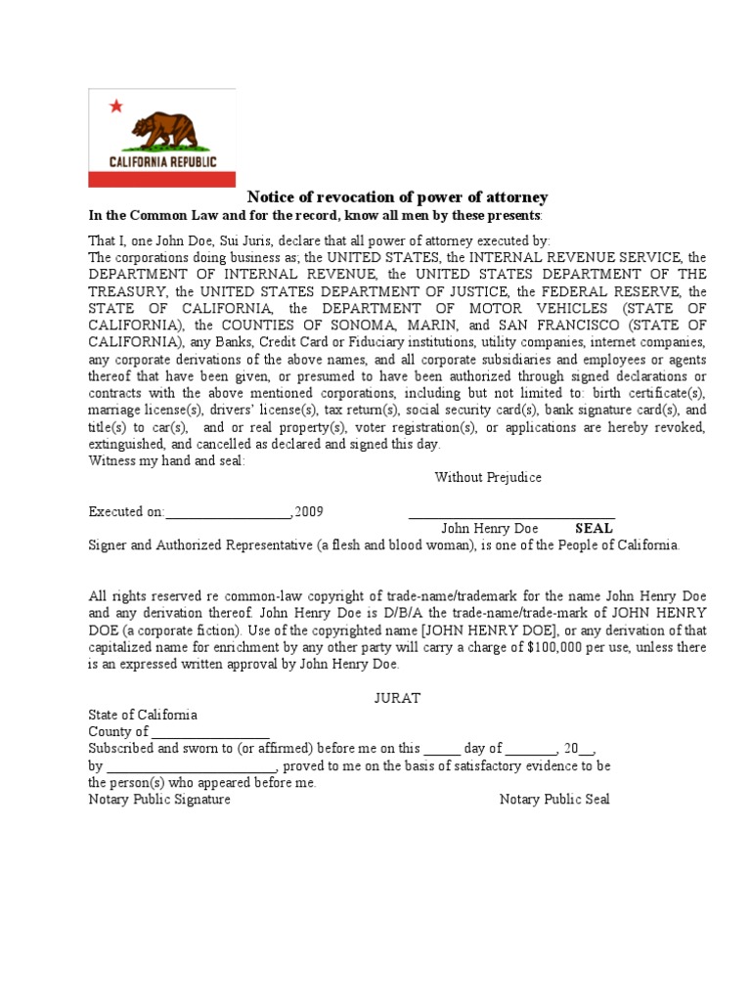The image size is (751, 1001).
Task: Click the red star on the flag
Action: tap(116, 106)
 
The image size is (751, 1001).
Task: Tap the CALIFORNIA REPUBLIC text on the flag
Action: tap(162, 162)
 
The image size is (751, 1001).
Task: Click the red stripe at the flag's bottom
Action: tap(161, 179)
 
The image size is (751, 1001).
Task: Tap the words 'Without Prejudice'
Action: tap(488, 478)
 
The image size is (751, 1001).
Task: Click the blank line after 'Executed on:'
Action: tap(229, 512)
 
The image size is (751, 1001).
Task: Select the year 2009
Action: tap(309, 511)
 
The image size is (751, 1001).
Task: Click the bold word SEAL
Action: tap(594, 529)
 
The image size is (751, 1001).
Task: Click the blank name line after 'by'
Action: tap(192, 767)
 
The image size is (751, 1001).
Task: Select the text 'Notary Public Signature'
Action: tap(159, 800)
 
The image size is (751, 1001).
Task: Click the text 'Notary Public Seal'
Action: tap(554, 800)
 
